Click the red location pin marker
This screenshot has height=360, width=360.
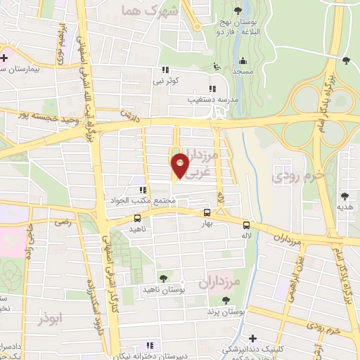click(x=180, y=165)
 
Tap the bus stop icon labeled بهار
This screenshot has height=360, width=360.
click(x=207, y=212)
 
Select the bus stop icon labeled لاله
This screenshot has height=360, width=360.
click(x=246, y=226)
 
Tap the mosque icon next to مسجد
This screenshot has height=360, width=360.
click(x=243, y=60)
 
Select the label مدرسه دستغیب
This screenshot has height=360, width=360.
click(x=191, y=98)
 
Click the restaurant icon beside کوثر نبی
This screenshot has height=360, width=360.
click(x=166, y=70)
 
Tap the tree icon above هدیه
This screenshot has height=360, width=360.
click(x=345, y=195)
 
